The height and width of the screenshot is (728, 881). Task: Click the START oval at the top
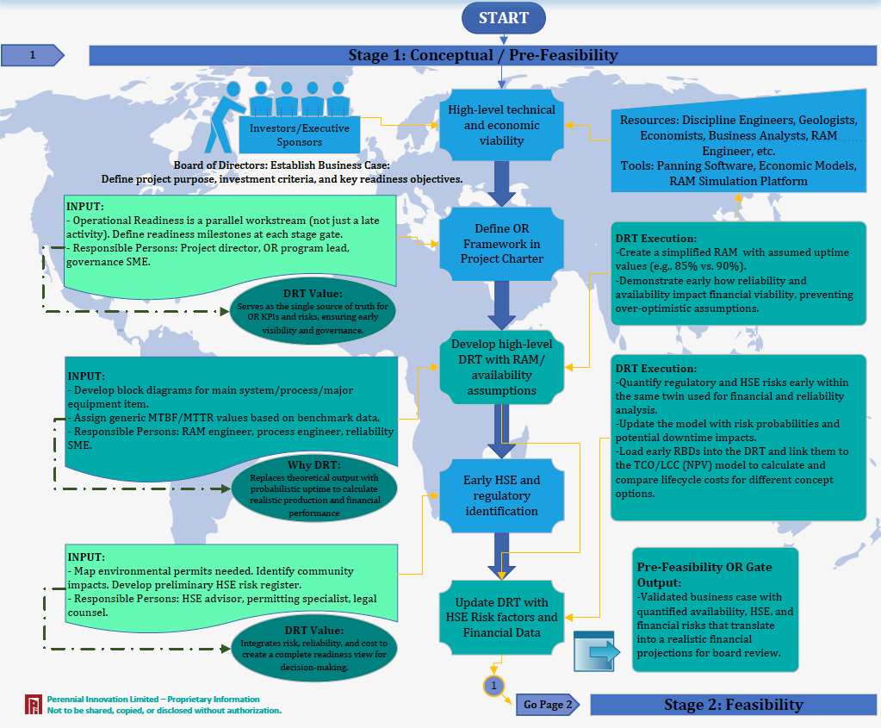[504, 17]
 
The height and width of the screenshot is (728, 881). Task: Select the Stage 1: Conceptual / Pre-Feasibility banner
[482, 55]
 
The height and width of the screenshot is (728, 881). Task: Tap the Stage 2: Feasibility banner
[733, 705]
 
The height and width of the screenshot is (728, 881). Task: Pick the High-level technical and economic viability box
[501, 125]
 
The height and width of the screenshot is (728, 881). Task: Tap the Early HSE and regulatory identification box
[501, 495]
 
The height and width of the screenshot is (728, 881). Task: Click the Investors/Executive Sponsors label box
[299, 134]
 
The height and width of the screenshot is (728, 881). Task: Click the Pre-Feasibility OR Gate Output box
[716, 609]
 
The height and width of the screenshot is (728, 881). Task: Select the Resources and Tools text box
[737, 151]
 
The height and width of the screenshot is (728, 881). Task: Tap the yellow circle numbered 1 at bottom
[493, 686]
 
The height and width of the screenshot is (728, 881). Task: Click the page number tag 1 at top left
[33, 55]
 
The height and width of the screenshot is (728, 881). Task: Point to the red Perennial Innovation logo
[34, 705]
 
